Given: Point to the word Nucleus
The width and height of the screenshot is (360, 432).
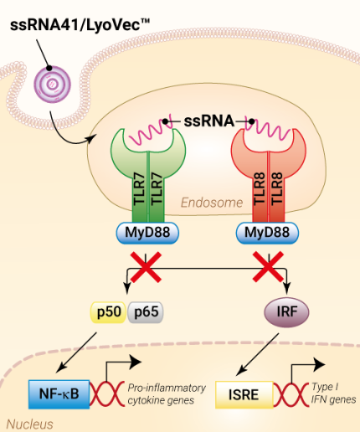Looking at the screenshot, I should click(27, 424).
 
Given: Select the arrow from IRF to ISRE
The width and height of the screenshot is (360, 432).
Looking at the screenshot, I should click(257, 352).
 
